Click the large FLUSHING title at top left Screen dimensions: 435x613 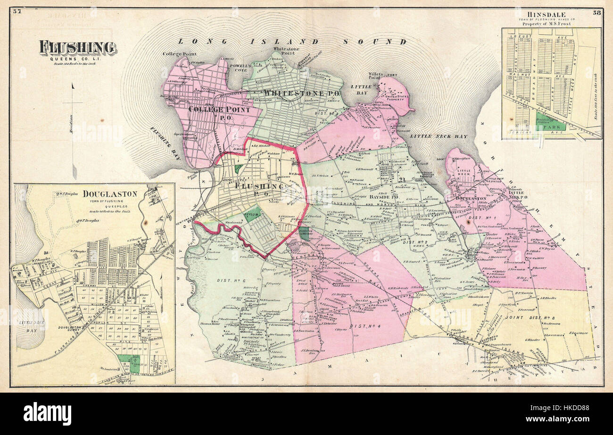[78, 48]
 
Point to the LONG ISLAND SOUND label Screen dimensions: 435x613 [292, 42]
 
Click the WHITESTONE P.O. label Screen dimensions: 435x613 [294, 93]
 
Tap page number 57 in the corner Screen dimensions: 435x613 [17, 11]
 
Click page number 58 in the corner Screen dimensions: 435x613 [596, 11]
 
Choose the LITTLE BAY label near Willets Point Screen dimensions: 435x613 [362, 90]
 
